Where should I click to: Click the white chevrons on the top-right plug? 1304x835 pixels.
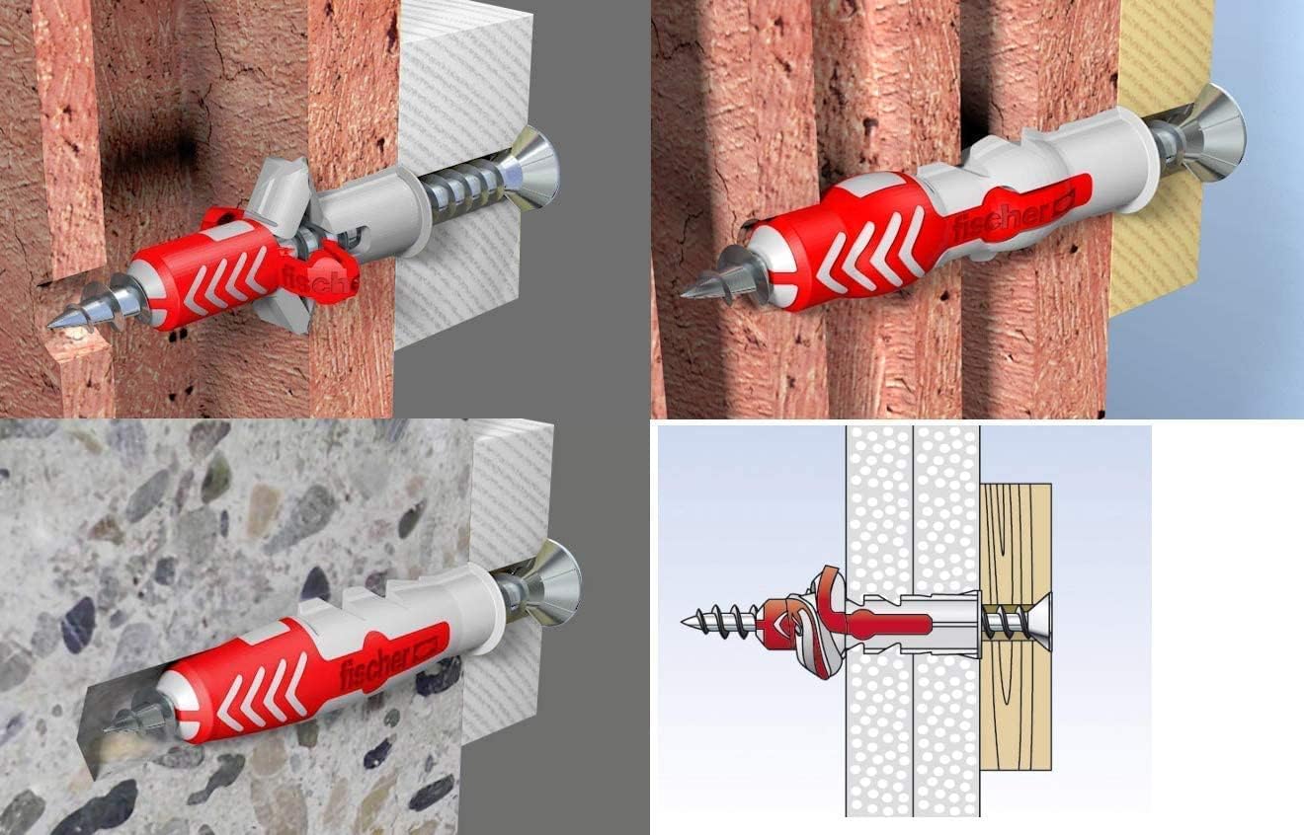pos(873,249)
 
